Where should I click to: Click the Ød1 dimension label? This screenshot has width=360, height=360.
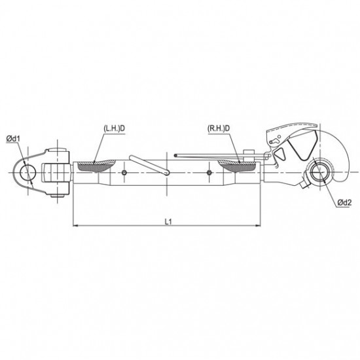(x=13, y=139)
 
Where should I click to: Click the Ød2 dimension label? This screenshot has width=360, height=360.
(x=344, y=202)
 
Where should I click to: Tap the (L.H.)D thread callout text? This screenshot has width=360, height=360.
(x=114, y=128)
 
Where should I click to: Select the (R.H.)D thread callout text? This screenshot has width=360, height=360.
(x=219, y=128)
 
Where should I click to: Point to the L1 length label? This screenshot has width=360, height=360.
(x=168, y=222)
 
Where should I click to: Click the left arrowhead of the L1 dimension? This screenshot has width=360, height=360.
(x=75, y=226)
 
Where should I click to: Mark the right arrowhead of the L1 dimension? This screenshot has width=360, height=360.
(x=258, y=226)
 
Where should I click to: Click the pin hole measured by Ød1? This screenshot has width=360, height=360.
(x=28, y=172)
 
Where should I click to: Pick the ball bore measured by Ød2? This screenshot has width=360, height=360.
(x=319, y=172)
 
